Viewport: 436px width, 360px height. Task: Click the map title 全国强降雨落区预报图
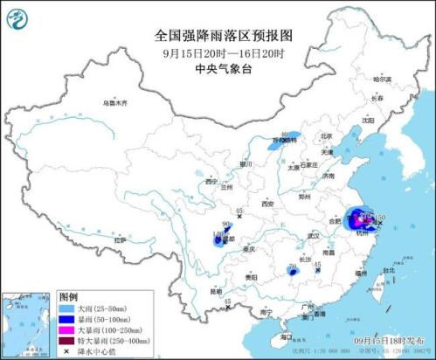coord(223,36)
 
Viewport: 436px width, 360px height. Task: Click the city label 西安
coord(266,204)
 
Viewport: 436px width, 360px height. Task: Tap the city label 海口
coord(286,336)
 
